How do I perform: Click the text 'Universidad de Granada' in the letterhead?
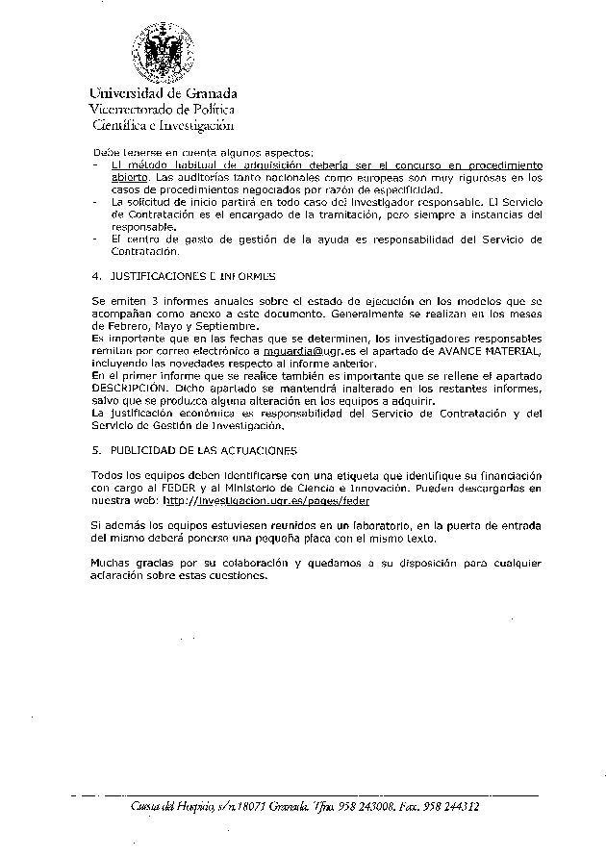[x=164, y=93]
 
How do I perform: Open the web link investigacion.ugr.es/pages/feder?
[x=266, y=501]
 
